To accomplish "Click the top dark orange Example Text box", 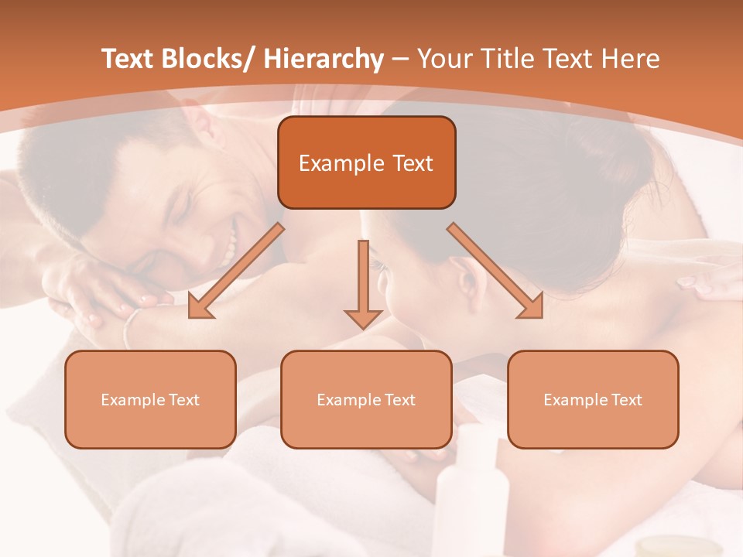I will [366, 162].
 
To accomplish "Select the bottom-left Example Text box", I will [150, 399].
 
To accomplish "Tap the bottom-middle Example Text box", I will [366, 399].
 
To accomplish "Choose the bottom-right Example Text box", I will [593, 399].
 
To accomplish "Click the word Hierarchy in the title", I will [324, 59].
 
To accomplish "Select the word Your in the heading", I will [444, 59].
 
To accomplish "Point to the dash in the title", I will [400, 60].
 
